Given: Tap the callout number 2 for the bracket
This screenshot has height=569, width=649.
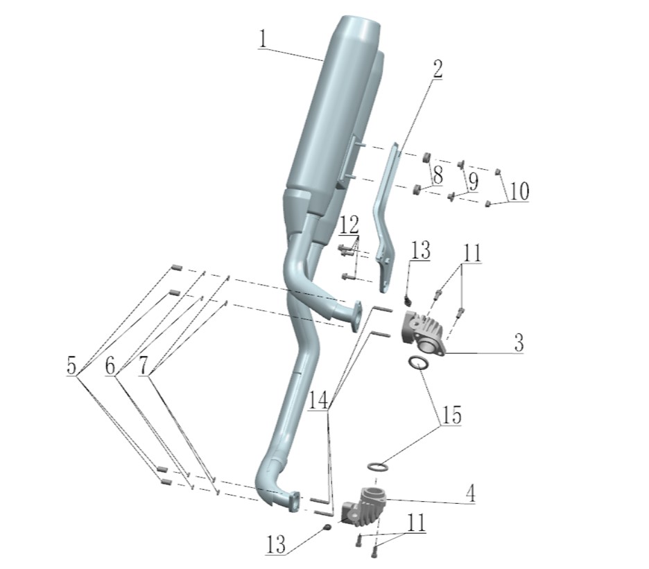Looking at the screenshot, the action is click(x=437, y=69).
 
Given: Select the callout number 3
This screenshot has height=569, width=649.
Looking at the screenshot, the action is click(x=519, y=342).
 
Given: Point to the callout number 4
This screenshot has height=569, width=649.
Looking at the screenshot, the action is click(x=470, y=493).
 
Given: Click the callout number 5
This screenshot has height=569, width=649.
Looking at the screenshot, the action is click(x=71, y=365).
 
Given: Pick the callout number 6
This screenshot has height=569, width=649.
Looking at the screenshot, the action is click(x=110, y=365).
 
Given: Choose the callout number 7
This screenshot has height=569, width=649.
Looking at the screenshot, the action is click(x=144, y=365).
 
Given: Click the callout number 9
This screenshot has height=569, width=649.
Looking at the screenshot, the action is click(x=473, y=182).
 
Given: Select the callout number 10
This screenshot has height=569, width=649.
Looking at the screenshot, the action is click(x=519, y=191).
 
